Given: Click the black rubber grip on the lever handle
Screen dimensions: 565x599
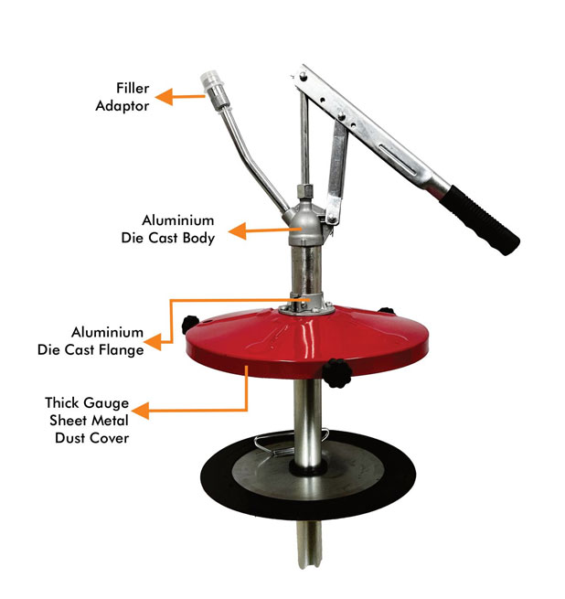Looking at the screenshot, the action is click(x=480, y=220).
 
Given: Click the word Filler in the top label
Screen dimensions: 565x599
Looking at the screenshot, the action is click(x=133, y=88).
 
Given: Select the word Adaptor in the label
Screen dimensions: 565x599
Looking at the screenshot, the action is click(x=123, y=106).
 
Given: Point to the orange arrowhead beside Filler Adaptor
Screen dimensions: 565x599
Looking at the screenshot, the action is click(x=164, y=97).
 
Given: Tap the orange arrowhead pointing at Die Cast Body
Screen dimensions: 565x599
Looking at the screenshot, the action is click(x=237, y=230).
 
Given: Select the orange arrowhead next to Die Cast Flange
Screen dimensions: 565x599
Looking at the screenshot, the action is click(x=153, y=342).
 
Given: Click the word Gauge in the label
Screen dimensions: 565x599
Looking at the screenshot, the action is click(x=106, y=403).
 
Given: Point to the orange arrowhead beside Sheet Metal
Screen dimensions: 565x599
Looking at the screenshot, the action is click(x=140, y=411).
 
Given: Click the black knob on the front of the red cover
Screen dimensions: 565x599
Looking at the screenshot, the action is click(x=337, y=373).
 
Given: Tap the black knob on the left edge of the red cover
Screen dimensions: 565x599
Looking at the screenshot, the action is click(x=190, y=325).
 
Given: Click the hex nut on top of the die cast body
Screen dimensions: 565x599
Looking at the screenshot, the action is click(x=304, y=191).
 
